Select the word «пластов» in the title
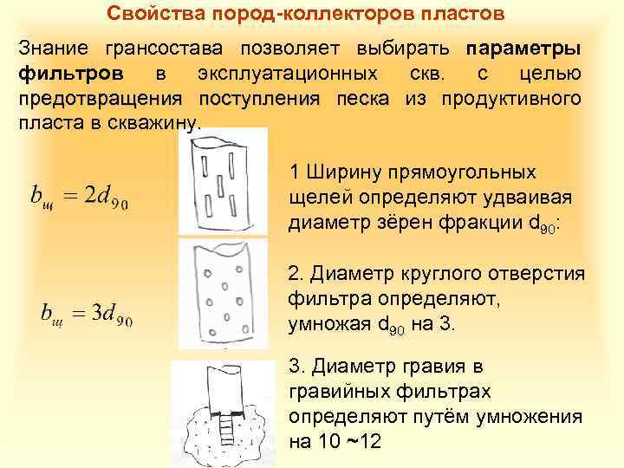(460, 14)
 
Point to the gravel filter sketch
(224, 407)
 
